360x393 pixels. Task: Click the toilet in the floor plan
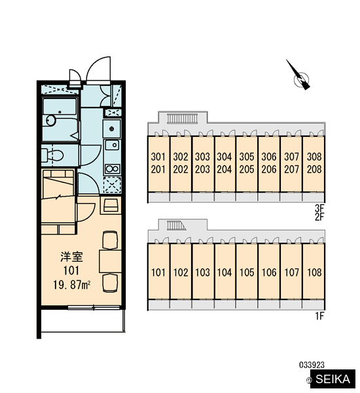(52, 155)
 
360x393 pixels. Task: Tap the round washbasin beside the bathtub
(51, 121)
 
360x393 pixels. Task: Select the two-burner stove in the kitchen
(112, 169)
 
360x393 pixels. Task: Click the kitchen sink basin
(112, 145)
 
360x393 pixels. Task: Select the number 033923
(312, 365)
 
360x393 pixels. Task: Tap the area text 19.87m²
(71, 285)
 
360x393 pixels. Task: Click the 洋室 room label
(71, 257)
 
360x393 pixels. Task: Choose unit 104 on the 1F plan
(225, 272)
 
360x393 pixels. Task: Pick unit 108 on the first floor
(314, 272)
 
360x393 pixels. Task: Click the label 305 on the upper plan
(247, 157)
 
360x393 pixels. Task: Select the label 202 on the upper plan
(181, 170)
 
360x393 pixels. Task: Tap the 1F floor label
(319, 316)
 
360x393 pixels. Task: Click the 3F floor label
(319, 208)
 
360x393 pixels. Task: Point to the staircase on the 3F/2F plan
(183, 119)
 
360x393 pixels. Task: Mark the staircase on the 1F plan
(176, 225)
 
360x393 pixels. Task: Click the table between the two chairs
(110, 261)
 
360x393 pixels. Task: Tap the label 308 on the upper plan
(314, 157)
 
